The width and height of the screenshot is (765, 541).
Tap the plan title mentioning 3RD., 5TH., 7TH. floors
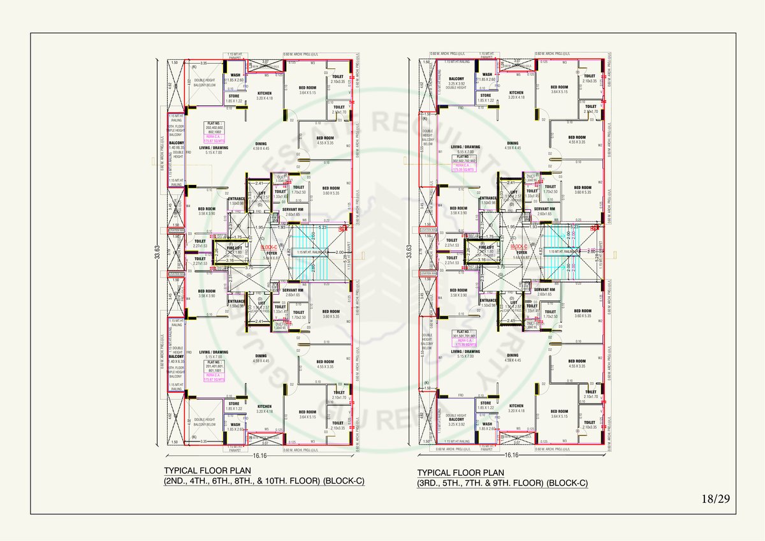(x=502, y=478)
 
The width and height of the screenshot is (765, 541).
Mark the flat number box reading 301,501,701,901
(x=465, y=336)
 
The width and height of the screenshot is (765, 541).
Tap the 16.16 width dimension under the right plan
(x=511, y=455)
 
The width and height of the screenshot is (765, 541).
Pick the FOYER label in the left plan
(x=270, y=253)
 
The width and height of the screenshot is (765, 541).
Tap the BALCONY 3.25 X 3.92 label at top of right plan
(x=456, y=81)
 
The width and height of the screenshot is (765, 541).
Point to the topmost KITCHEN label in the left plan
(x=264, y=94)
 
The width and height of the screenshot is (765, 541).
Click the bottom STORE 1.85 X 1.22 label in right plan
(x=486, y=405)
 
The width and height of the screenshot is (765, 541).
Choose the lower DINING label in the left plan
(x=261, y=358)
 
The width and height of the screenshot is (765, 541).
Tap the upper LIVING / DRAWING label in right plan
(x=465, y=147)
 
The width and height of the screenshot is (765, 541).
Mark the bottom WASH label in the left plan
(x=235, y=426)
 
